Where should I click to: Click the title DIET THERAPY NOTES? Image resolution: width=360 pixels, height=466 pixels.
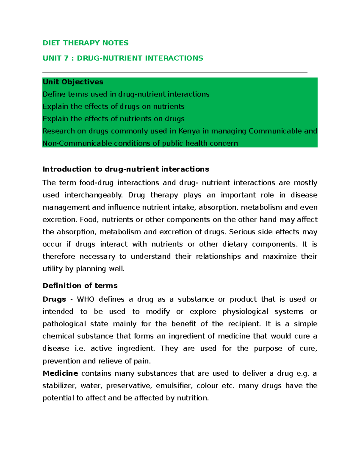(x=85, y=43)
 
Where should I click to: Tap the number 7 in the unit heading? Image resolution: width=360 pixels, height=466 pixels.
(x=66, y=58)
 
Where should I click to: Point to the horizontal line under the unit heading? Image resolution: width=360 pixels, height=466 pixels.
(x=175, y=72)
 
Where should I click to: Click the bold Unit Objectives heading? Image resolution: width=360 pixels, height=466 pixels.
(x=73, y=82)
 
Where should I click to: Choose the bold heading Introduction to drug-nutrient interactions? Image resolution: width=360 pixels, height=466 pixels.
(x=126, y=169)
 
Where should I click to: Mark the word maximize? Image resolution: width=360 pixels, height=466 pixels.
(x=280, y=257)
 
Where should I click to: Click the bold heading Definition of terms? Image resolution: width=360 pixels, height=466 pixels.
(x=80, y=286)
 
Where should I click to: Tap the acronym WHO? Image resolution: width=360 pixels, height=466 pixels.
(x=85, y=299)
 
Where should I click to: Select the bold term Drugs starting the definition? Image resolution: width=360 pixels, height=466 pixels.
(x=54, y=299)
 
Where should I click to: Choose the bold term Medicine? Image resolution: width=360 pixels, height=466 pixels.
(x=60, y=374)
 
